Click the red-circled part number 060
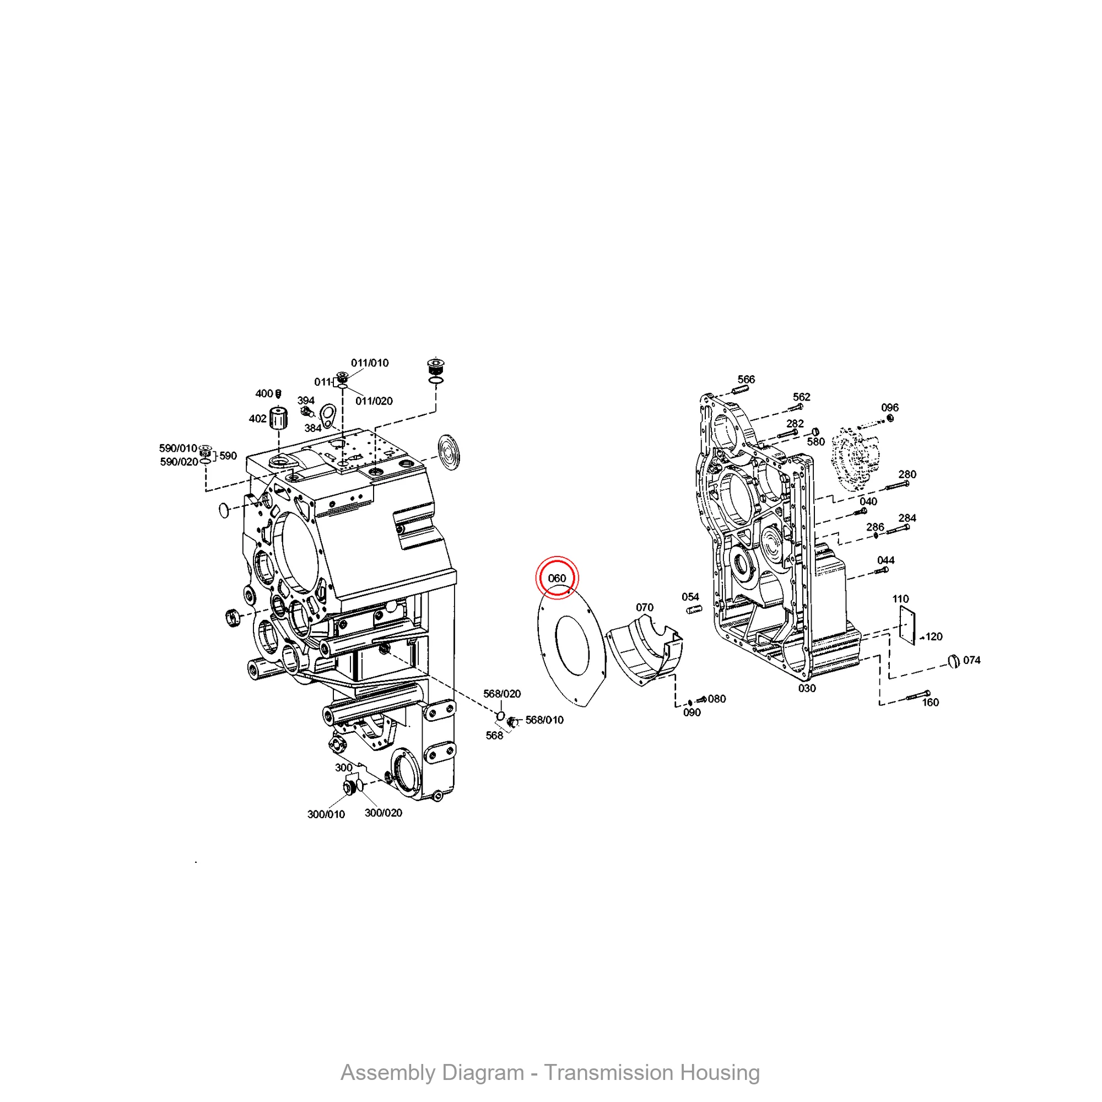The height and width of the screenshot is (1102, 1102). (x=557, y=579)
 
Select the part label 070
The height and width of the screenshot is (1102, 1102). (x=645, y=607)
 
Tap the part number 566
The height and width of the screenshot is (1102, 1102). (x=746, y=379)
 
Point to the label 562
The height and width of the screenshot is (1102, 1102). (x=801, y=397)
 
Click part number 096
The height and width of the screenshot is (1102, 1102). (x=890, y=408)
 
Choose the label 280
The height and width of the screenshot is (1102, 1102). (x=907, y=474)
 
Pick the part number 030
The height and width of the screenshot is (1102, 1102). (x=807, y=688)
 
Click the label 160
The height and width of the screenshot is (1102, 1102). (x=930, y=703)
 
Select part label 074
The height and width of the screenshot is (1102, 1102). (x=972, y=661)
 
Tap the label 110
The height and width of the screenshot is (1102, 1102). (x=901, y=599)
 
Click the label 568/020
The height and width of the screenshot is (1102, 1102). (x=502, y=694)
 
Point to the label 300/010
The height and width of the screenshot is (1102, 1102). (x=326, y=814)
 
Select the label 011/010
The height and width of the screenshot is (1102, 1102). (x=370, y=363)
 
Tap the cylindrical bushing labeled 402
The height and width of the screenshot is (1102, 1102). (x=278, y=419)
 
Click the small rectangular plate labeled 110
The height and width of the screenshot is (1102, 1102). (x=907, y=626)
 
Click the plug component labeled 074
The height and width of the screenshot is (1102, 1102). (x=953, y=662)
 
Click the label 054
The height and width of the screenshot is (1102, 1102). (x=690, y=597)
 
